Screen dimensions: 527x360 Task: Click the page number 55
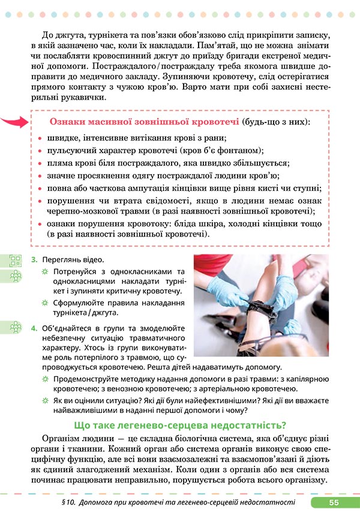point(334,502)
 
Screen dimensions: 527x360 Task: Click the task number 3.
point(34,260)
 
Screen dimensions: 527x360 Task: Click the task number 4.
point(34,328)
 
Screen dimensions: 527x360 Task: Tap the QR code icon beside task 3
point(15,260)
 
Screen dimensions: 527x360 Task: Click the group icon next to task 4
point(15,327)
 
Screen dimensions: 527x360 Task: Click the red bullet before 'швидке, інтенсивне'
point(40,139)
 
